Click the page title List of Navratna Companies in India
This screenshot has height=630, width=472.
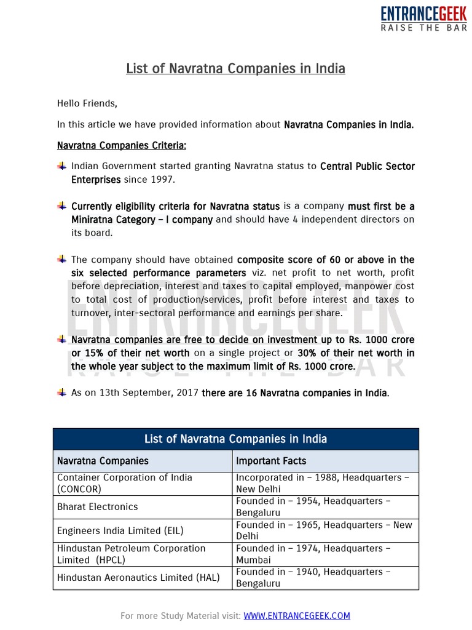[235, 68]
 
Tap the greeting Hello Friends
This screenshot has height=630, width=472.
[87, 103]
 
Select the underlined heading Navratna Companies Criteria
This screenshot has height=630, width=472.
[122, 146]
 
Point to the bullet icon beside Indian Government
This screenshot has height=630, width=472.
[62, 166]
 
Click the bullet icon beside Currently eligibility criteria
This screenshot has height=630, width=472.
[62, 205]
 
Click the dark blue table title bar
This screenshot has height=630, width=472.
[235, 439]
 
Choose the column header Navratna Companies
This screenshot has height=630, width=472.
[103, 461]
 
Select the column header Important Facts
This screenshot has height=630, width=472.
[271, 461]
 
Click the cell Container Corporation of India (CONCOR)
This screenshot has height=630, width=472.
[125, 484]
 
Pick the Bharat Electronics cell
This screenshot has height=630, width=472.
[97, 507]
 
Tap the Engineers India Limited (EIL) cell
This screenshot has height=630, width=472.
[120, 530]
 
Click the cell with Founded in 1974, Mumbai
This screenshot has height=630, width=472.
[313, 554]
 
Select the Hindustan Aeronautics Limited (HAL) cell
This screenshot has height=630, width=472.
[138, 578]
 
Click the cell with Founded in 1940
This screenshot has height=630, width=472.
[313, 578]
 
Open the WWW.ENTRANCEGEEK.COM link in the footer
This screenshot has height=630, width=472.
[297, 615]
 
